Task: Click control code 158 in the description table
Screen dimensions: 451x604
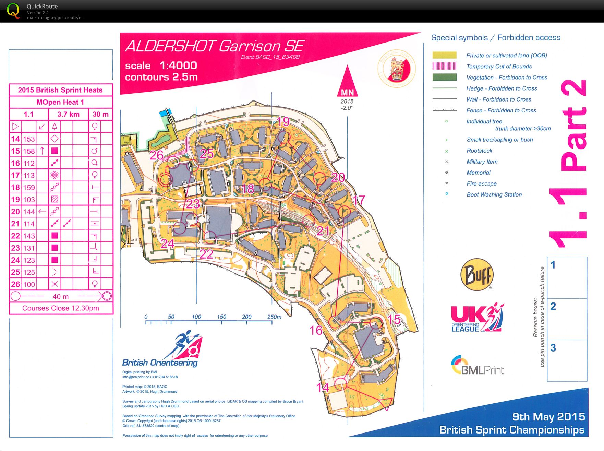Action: coord(29,151)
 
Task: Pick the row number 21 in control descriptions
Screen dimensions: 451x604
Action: coord(15,224)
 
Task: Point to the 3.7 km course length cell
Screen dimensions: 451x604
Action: coord(68,114)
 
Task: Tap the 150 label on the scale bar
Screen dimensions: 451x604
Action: coord(221,317)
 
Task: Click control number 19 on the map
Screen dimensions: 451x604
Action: coord(283,121)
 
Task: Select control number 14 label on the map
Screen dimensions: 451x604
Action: coord(323,388)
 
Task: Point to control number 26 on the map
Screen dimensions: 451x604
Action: coord(156,155)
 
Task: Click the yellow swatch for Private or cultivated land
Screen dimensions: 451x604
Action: coord(444,55)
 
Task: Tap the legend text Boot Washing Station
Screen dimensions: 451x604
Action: coord(494,194)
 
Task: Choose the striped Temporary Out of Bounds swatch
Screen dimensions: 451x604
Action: coord(444,66)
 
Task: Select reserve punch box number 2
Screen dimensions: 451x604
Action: coord(567,319)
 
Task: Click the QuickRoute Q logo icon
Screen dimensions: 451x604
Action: coord(13,11)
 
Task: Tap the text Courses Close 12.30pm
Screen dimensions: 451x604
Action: coord(61,308)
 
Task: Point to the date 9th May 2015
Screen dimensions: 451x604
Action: coord(548,417)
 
